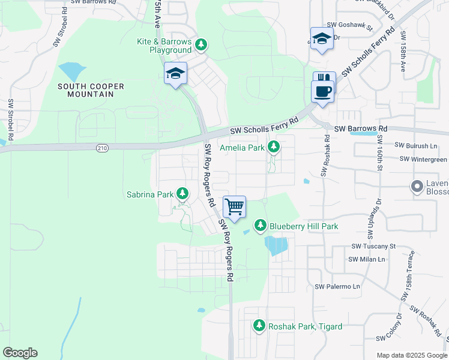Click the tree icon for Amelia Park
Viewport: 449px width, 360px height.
click(274, 146)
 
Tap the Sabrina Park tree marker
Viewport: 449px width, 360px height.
click(182, 194)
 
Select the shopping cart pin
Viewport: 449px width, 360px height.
click(235, 207)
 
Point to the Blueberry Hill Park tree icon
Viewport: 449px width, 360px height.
click(261, 226)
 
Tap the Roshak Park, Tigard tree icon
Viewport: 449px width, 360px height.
click(259, 326)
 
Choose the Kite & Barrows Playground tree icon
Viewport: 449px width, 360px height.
click(202, 45)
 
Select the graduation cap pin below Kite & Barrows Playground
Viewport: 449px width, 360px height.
click(176, 74)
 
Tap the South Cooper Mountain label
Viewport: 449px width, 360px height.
click(91, 91)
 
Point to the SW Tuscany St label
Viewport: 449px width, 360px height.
click(373, 246)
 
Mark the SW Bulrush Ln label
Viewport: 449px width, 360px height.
click(416, 146)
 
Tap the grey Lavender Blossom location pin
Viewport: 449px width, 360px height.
click(416, 186)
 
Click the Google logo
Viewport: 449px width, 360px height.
click(20, 353)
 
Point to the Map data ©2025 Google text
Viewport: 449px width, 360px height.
click(411, 355)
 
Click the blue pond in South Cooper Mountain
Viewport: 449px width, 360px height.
click(71, 71)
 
